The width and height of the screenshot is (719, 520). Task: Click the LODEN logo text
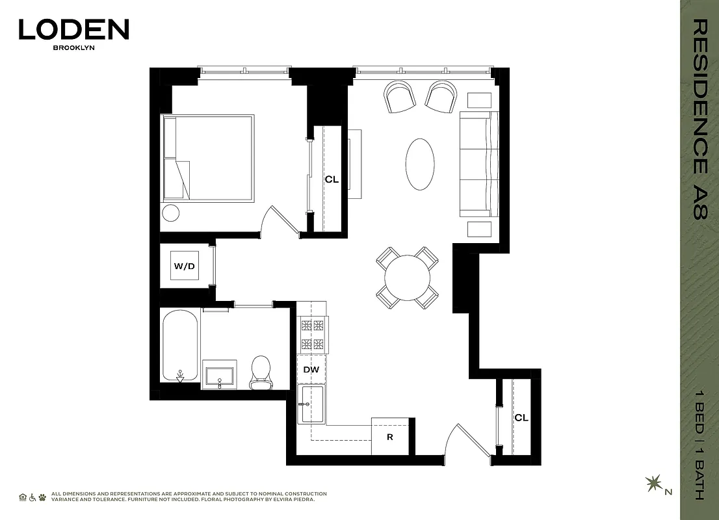73,30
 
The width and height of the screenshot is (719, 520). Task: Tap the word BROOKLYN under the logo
73,47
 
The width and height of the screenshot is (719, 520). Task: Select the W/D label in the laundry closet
184,266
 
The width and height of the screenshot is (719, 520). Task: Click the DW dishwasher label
311,370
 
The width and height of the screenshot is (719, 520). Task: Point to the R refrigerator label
390,437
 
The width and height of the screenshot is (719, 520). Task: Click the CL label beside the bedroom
332,179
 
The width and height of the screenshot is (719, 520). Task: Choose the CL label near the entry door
521,418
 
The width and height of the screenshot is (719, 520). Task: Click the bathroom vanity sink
219,375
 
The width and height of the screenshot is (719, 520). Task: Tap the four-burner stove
312,335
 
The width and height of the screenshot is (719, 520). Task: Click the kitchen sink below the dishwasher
311,403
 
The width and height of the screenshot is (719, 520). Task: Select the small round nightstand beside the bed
171,213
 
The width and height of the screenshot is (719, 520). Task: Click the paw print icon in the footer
42,497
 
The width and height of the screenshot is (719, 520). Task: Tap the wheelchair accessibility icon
33,497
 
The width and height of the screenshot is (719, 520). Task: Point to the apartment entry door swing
467,442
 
